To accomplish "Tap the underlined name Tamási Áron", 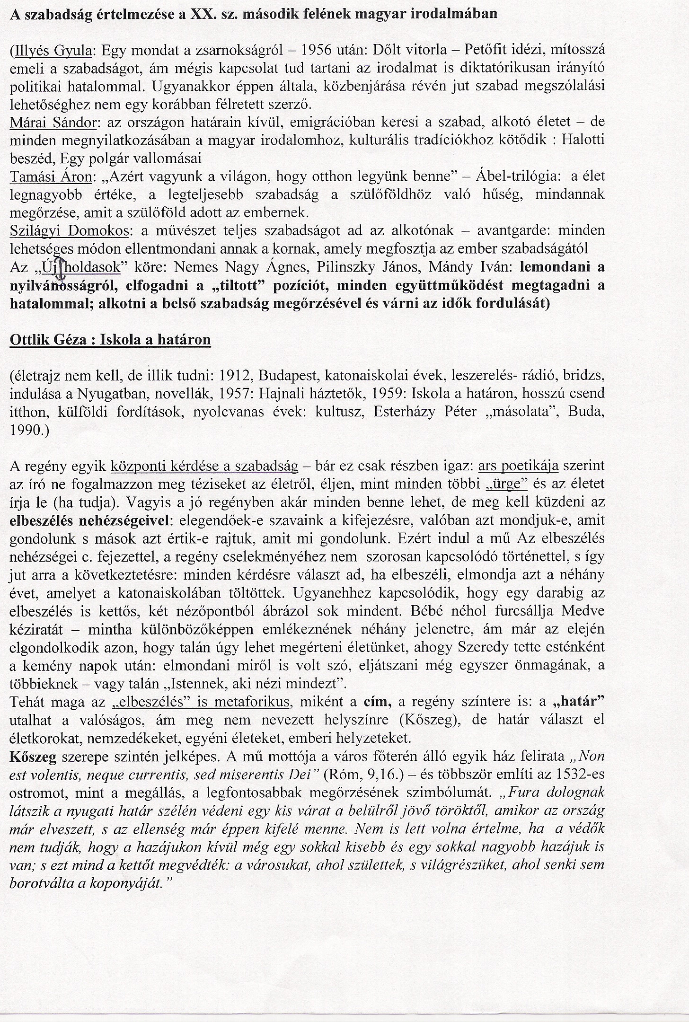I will click(x=53, y=177).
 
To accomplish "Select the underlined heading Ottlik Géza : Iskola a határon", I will click(x=110, y=340).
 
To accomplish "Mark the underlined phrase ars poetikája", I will click(x=519, y=467).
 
